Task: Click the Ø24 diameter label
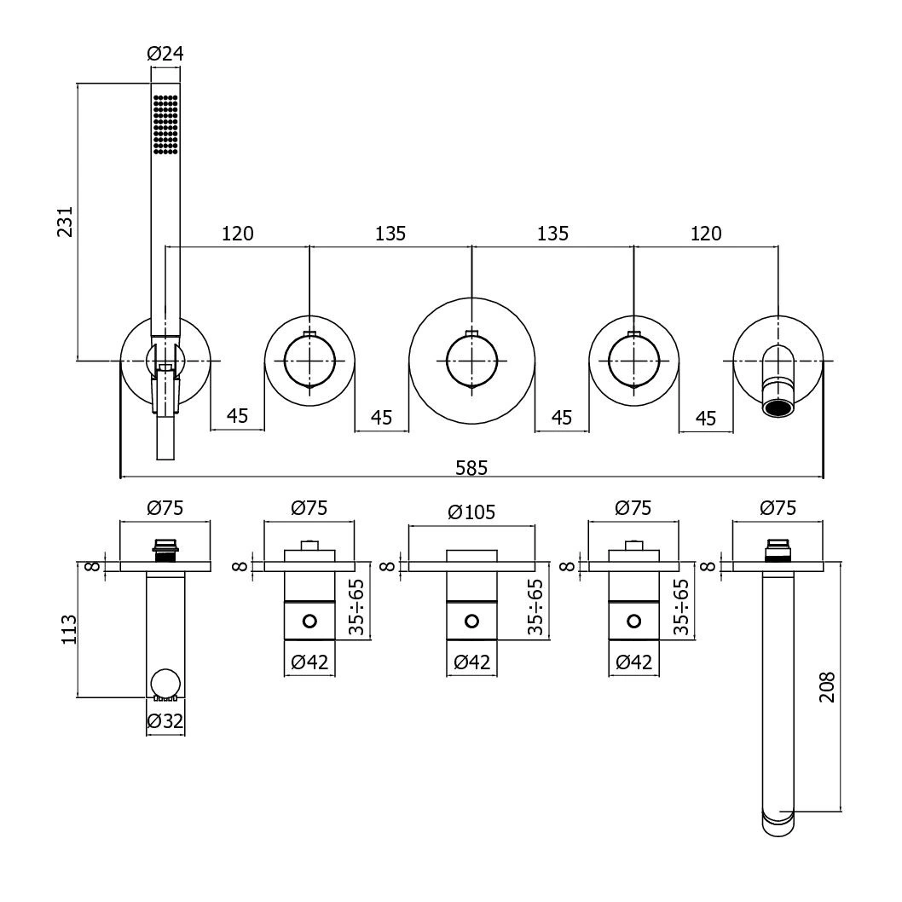click(165, 54)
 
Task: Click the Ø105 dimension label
click(471, 512)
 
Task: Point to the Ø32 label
click(165, 721)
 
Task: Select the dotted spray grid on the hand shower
click(165, 124)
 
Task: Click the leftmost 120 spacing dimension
click(237, 233)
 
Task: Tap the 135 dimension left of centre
click(390, 233)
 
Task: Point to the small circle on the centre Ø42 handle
click(471, 620)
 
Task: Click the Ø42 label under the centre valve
click(471, 662)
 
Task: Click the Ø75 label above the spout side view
click(777, 509)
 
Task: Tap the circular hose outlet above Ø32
click(165, 685)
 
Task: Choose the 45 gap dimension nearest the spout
click(706, 417)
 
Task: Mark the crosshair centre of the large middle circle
click(471, 360)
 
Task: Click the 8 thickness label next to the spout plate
click(707, 565)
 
